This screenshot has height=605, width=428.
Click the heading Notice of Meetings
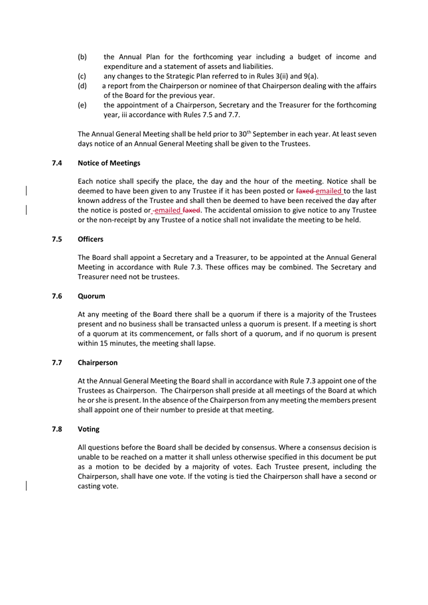pyautogui.click(x=109, y=163)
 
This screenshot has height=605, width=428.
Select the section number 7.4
pyautogui.click(x=57, y=163)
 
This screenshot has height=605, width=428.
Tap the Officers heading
pyautogui.click(x=90, y=239)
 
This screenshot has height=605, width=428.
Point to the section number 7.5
pyautogui.click(x=57, y=239)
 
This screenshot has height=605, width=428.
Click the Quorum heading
pyautogui.click(x=91, y=296)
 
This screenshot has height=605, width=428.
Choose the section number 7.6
pyautogui.click(x=57, y=296)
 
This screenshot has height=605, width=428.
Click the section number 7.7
pyautogui.click(x=57, y=363)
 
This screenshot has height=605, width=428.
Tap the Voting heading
pyautogui.click(x=88, y=429)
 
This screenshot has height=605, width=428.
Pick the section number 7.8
pyautogui.click(x=57, y=429)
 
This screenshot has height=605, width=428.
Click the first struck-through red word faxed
pyautogui.click(x=305, y=191)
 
